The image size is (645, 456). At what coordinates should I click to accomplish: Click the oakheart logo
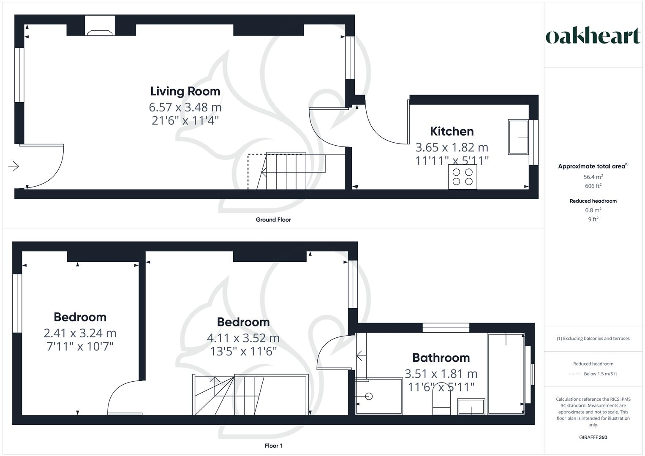point(593,36)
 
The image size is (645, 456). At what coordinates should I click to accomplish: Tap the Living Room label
point(185,91)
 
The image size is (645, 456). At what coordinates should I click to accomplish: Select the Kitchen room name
point(452,131)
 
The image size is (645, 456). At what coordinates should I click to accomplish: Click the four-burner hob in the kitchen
point(463,176)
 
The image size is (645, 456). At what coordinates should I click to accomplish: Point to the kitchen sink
point(518,137)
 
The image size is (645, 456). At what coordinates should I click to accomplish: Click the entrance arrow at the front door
point(14,166)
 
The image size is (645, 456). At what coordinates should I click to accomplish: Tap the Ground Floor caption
point(273,220)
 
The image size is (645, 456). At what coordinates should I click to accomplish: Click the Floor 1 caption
point(273,446)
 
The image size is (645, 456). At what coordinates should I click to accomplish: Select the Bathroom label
point(441,358)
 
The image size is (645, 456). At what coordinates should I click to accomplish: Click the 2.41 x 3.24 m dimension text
point(80,333)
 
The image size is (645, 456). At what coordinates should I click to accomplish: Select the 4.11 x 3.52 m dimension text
point(243,338)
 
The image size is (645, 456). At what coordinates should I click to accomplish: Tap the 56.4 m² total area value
point(593,177)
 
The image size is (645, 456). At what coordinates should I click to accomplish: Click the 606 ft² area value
point(593,186)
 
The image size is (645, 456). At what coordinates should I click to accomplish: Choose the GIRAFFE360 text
point(593,437)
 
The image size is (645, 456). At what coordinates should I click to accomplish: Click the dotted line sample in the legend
point(575,374)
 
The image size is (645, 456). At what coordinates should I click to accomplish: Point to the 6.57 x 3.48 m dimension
point(185,107)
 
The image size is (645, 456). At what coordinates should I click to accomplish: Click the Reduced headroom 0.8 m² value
point(593,210)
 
